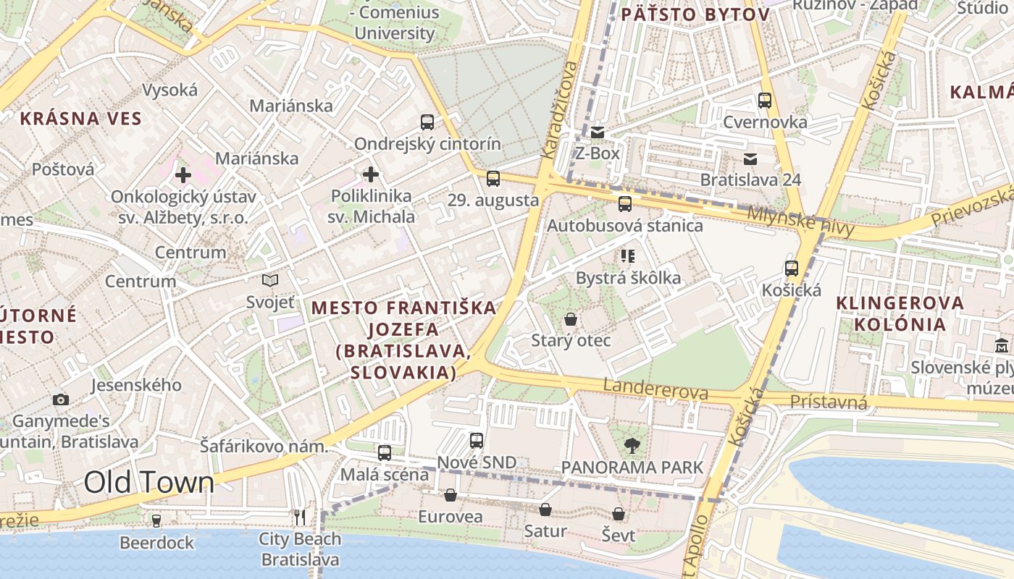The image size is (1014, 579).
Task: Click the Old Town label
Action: coord(149,483)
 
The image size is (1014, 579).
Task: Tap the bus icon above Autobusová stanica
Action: coord(624,204)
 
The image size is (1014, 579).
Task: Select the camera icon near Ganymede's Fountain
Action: coord(61,400)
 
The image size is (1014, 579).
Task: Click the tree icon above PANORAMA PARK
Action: coord(632,446)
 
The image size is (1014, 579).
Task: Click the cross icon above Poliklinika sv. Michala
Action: coord(371,174)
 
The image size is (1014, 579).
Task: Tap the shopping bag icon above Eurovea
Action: coord(450,495)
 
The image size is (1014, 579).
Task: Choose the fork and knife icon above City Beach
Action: coord(300,517)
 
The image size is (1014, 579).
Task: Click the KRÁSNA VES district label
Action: coord(80,119)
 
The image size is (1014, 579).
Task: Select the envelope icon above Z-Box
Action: coord(598,132)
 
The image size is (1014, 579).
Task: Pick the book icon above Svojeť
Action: coord(270,280)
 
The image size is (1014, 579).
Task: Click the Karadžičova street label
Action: coord(561,109)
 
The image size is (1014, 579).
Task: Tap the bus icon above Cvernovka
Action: coord(765,101)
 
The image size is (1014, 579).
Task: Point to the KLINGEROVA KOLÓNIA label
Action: coord(900,313)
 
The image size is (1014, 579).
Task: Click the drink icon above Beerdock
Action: coord(156,520)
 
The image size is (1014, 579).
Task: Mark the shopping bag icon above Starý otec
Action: coord(571,319)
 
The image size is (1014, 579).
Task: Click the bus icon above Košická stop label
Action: coord(791,269)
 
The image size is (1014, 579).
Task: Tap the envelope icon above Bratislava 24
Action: coord(750,159)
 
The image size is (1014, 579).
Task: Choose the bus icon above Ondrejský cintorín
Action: coord(427,122)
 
